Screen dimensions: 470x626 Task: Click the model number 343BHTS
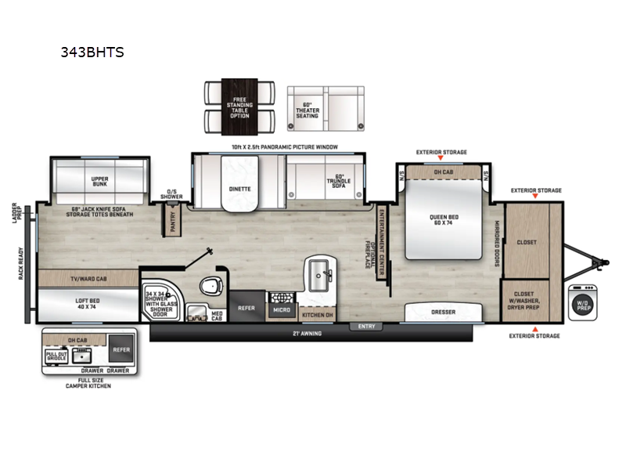(92, 53)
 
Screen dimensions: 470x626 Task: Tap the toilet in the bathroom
(209, 285)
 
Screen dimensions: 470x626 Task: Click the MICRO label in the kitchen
(281, 310)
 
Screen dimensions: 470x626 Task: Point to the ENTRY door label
(365, 326)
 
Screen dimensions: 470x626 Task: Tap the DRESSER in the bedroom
(443, 313)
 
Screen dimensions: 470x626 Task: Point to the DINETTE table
(240, 189)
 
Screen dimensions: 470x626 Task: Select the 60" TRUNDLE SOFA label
(339, 181)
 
